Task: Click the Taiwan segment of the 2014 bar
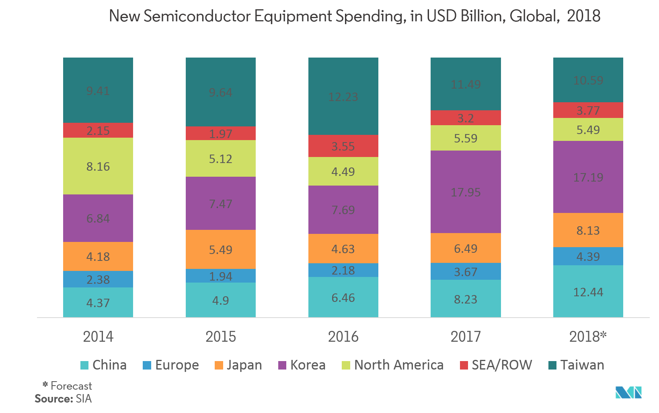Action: pyautogui.click(x=98, y=90)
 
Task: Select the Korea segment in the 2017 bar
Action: pyautogui.click(x=466, y=192)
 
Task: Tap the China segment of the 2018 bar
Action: pyautogui.click(x=588, y=291)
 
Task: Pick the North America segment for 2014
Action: pyautogui.click(x=98, y=166)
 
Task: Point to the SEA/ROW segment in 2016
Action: pyautogui.click(x=343, y=146)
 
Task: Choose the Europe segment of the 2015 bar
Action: pyautogui.click(x=220, y=276)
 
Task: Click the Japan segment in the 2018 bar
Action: pyautogui.click(x=588, y=230)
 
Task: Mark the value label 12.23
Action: pyautogui.click(x=343, y=97)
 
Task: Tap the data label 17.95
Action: pyautogui.click(x=466, y=192)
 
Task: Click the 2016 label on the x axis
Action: pyautogui.click(x=343, y=337)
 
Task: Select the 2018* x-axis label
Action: pyautogui.click(x=588, y=337)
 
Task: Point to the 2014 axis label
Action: pyautogui.click(x=98, y=337)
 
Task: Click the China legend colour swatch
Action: pyautogui.click(x=84, y=365)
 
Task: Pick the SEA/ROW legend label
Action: pyautogui.click(x=502, y=365)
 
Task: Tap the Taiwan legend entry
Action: pyautogui.click(x=582, y=365)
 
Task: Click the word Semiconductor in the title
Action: pyautogui.click(x=197, y=16)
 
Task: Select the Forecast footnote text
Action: pyautogui.click(x=71, y=386)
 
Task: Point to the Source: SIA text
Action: pyautogui.click(x=63, y=399)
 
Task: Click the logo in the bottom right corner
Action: pyautogui.click(x=628, y=392)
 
